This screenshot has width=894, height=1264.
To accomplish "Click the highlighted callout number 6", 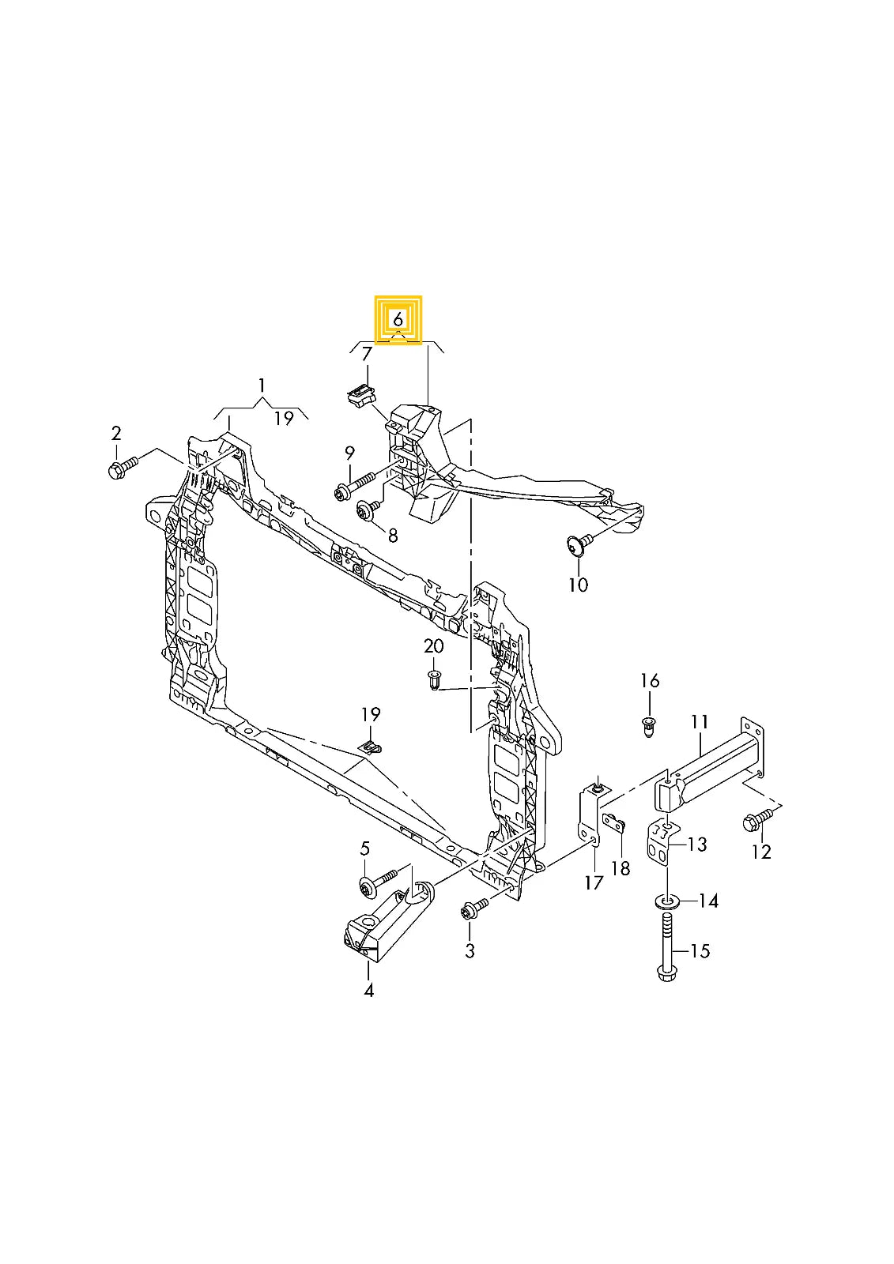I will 398,320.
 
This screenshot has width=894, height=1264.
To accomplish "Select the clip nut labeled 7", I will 360,394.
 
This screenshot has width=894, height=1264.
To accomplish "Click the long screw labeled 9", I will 355,486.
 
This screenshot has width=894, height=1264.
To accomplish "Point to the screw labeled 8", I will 368,510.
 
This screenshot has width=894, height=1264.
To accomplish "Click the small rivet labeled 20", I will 434,679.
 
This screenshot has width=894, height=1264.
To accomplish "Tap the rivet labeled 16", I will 649,725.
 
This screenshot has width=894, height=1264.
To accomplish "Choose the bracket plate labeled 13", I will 660,844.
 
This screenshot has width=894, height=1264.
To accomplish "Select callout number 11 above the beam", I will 699,721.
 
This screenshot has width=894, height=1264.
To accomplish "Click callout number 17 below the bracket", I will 594,882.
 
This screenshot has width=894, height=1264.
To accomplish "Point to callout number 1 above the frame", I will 262,386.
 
